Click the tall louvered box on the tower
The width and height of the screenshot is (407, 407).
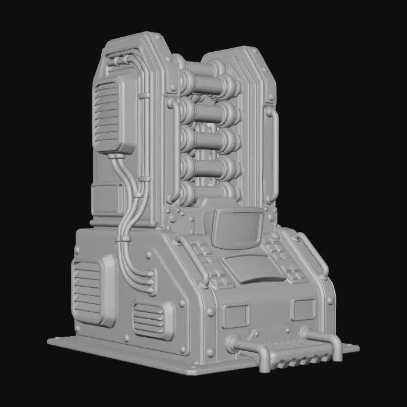115,115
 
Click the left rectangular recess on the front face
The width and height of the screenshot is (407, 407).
235,316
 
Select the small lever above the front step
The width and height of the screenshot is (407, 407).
252,335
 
